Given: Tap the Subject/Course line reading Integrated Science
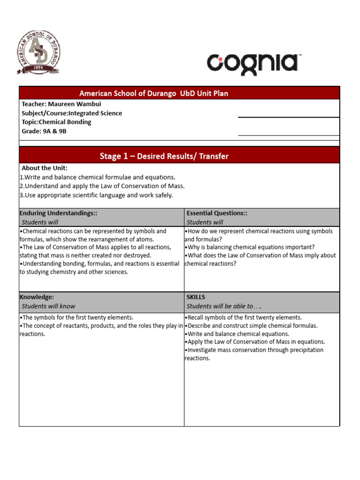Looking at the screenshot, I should coord(72,113).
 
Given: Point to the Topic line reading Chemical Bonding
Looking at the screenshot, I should coord(56,122).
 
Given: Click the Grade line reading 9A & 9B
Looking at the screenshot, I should coord(44,131).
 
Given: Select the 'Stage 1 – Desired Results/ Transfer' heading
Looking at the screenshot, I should coord(164,156).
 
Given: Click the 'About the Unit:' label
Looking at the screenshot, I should coord(45,168).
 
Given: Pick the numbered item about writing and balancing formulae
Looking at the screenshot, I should coord(97,177).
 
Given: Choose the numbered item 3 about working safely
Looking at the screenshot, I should coord(96,195).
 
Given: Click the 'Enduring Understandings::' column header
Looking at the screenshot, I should coord(58,213).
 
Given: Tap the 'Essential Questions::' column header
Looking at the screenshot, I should coord(217,213).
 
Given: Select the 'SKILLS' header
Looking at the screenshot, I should coord(196,297).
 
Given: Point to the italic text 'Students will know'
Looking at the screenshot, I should coord(48,306).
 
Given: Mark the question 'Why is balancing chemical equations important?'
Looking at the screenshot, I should coord(250,247).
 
